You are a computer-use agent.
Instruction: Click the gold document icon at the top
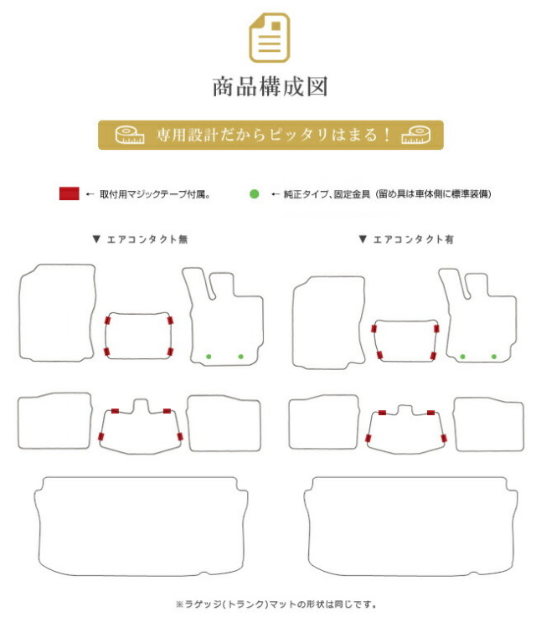point(270,38)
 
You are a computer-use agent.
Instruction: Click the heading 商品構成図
point(271,87)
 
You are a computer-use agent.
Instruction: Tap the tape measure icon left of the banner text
point(130,135)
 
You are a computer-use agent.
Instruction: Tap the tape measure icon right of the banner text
point(415,135)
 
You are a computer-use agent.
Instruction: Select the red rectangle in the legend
point(69,193)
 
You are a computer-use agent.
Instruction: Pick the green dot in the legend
point(255,194)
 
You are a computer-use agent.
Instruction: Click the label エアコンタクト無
point(147,239)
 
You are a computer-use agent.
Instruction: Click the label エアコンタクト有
point(413,239)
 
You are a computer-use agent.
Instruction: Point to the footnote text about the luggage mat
point(276,604)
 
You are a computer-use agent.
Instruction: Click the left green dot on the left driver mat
point(209,357)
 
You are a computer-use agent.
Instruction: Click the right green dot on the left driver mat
point(241,357)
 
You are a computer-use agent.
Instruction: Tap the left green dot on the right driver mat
point(462,357)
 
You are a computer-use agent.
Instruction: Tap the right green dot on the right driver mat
point(494,357)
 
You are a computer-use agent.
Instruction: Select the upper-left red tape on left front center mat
point(107,321)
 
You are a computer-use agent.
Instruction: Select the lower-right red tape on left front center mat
point(170,352)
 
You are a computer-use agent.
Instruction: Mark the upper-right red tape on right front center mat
point(436,329)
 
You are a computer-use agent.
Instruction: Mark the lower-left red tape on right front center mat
point(379,355)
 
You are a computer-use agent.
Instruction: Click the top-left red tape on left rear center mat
point(115,411)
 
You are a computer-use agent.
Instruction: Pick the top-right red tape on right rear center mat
point(430,413)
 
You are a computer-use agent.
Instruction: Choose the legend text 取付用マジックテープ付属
point(153,194)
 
